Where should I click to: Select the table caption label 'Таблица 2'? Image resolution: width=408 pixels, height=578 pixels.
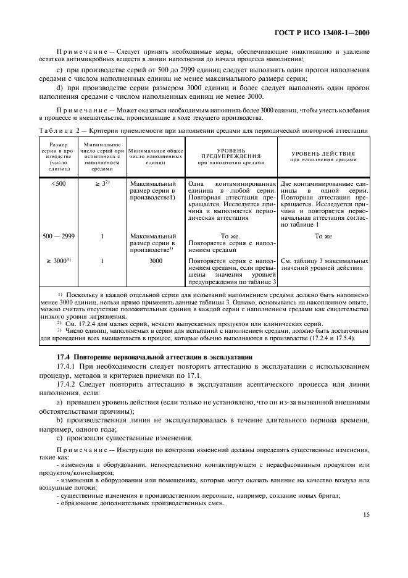[59, 131]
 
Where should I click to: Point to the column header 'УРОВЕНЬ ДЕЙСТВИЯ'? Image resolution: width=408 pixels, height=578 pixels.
[323, 156]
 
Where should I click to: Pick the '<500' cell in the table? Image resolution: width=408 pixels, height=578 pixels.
[59, 184]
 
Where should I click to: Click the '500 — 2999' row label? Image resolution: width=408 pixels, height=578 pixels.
[59, 236]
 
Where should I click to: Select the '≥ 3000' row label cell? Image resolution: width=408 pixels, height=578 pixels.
[59, 261]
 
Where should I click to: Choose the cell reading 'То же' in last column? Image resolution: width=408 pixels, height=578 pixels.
[323, 236]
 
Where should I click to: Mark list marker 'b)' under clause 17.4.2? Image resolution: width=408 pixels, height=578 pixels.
[59, 439]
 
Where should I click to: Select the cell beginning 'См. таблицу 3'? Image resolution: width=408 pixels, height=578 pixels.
[323, 265]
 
